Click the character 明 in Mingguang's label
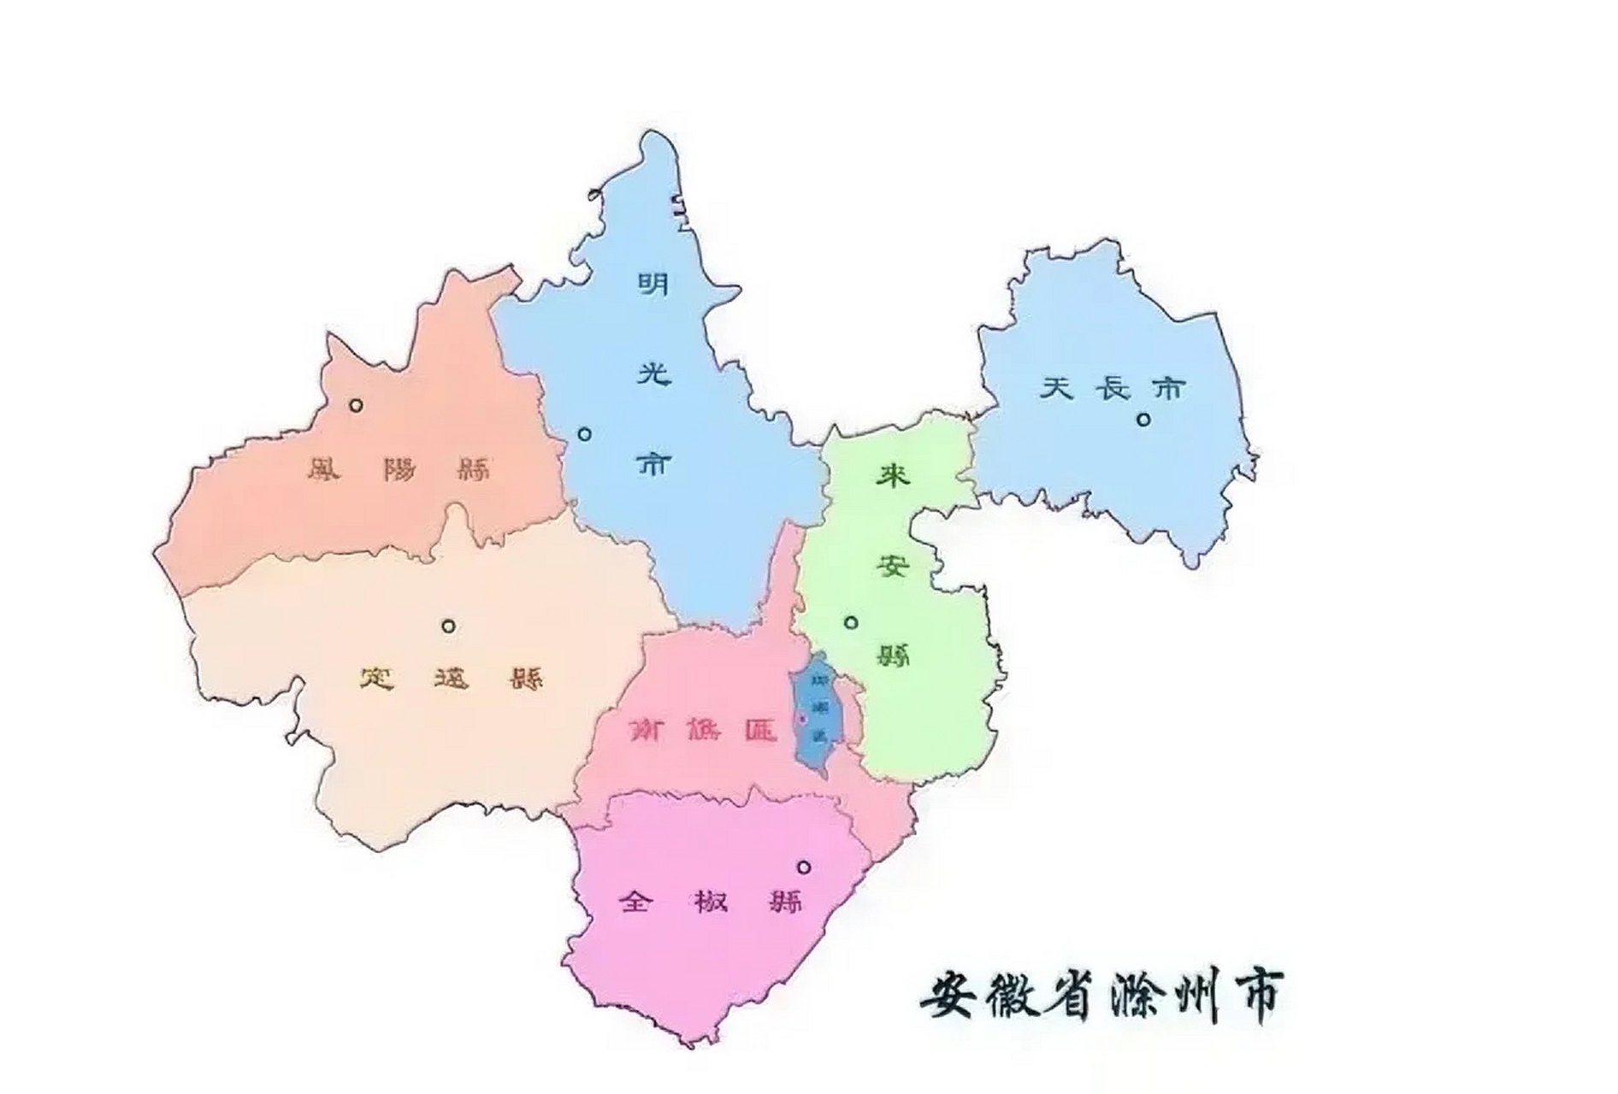pyautogui.click(x=654, y=283)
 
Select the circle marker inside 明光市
pyautogui.click(x=584, y=434)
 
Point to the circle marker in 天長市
pyautogui.click(x=1143, y=419)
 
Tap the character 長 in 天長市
pyautogui.click(x=1113, y=389)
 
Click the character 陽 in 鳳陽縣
pyautogui.click(x=399, y=468)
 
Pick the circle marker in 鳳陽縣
pyautogui.click(x=356, y=405)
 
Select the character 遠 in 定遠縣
pyautogui.click(x=452, y=679)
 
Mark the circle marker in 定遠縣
pyautogui.click(x=448, y=626)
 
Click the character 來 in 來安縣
pyautogui.click(x=893, y=475)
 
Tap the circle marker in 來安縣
pyautogui.click(x=850, y=622)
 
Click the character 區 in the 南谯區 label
pyautogui.click(x=759, y=731)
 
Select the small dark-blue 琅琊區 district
pyautogui.click(x=817, y=714)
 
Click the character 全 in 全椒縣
pyautogui.click(x=636, y=901)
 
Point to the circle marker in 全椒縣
pyautogui.click(x=803, y=867)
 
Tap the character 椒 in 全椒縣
pyautogui.click(x=711, y=901)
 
